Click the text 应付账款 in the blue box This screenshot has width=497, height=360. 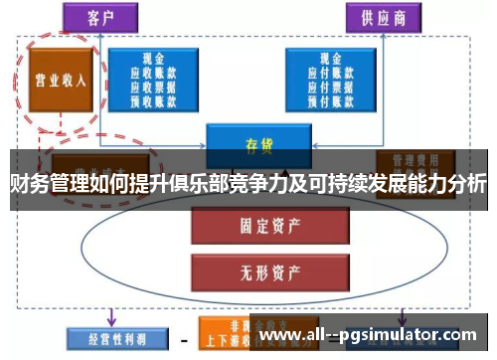[x=340, y=73]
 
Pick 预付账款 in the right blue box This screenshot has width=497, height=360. [x=340, y=100]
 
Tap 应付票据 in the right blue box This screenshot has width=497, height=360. [x=340, y=87]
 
